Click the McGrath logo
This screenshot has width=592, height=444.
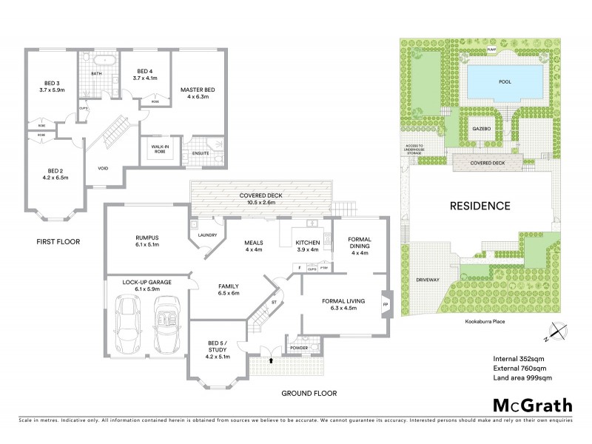[x=532, y=405]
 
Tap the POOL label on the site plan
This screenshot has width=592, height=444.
[x=505, y=81]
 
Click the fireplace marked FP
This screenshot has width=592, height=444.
[x=385, y=304]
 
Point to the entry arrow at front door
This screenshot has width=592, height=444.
[x=272, y=360]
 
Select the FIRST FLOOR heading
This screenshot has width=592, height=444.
[x=58, y=242]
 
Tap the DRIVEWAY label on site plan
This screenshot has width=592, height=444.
[x=428, y=280]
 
